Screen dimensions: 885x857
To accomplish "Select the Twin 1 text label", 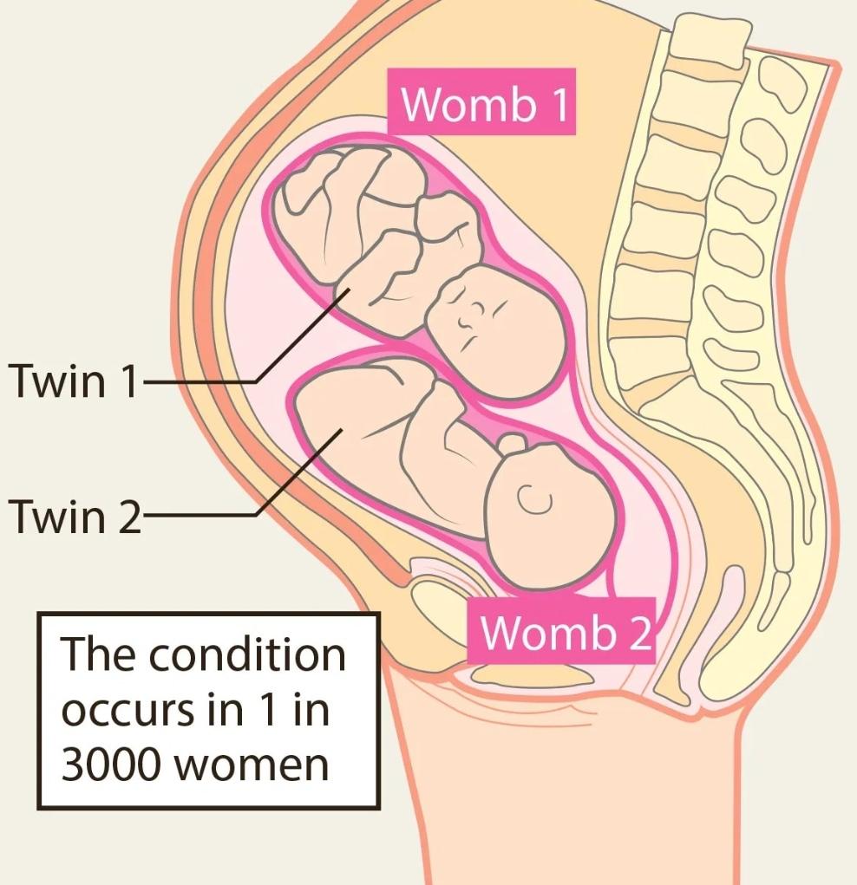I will pos(73,381).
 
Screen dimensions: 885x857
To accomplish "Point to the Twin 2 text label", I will pos(73,516).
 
